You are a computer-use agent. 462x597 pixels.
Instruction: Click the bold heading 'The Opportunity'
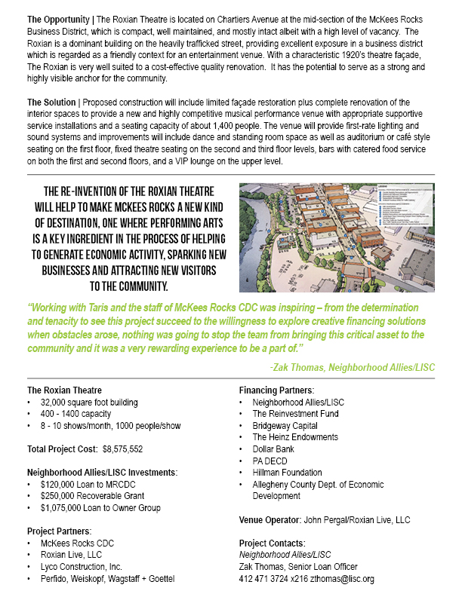(57, 17)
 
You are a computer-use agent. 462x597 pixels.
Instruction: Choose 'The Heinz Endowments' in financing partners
(295, 437)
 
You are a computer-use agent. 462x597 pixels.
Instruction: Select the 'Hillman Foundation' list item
(288, 473)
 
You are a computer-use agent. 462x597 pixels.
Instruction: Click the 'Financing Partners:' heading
(276, 390)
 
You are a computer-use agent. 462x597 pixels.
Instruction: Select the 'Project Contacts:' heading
(273, 543)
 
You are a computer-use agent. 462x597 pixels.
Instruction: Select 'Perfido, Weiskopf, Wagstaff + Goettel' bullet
(109, 578)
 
